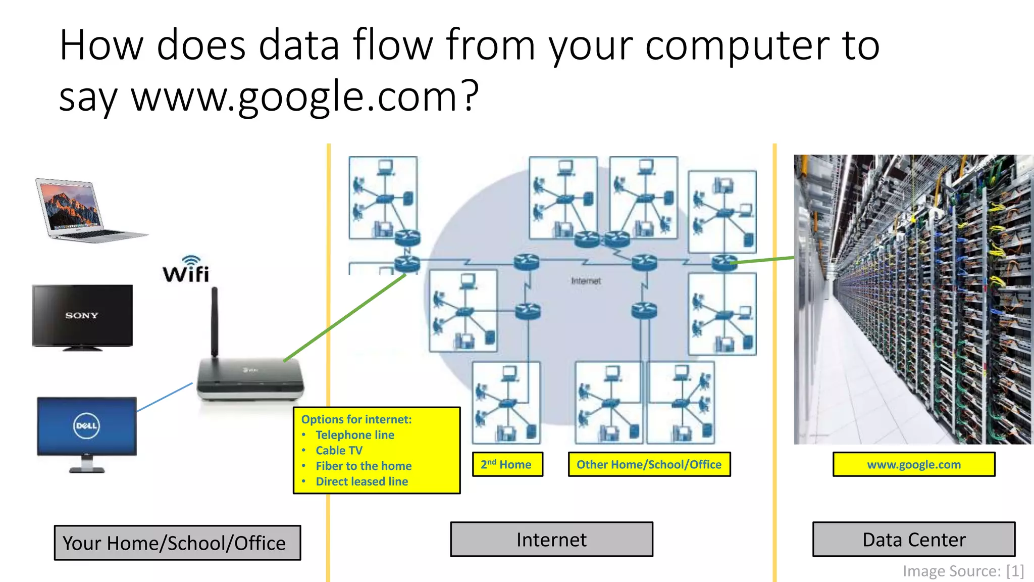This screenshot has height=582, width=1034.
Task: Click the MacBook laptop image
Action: pos(86,210)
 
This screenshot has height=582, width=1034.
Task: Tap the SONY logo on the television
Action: pos(81,315)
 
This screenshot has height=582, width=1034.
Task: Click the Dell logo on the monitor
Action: pos(86,425)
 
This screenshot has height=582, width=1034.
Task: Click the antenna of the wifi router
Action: pos(215,321)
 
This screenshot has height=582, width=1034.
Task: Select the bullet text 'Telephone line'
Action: pos(355,435)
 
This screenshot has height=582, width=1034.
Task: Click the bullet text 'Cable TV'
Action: pos(339,450)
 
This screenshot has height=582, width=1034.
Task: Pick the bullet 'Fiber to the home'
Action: pos(364,466)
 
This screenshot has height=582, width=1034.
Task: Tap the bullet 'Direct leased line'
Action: pos(361,481)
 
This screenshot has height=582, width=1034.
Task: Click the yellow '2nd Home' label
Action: pos(507,464)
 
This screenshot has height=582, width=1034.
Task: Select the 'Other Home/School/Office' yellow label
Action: pos(649,464)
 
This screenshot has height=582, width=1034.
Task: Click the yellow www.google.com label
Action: pos(913,464)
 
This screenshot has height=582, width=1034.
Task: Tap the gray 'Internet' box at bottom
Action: pos(551,540)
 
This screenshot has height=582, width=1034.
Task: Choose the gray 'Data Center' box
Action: pos(913,540)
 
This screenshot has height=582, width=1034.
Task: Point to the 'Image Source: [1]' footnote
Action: pos(963,571)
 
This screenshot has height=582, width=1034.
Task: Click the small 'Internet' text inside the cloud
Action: pos(586,281)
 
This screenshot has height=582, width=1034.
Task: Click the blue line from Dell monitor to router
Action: pos(165,397)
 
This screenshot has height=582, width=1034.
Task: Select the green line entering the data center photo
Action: pos(762,260)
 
